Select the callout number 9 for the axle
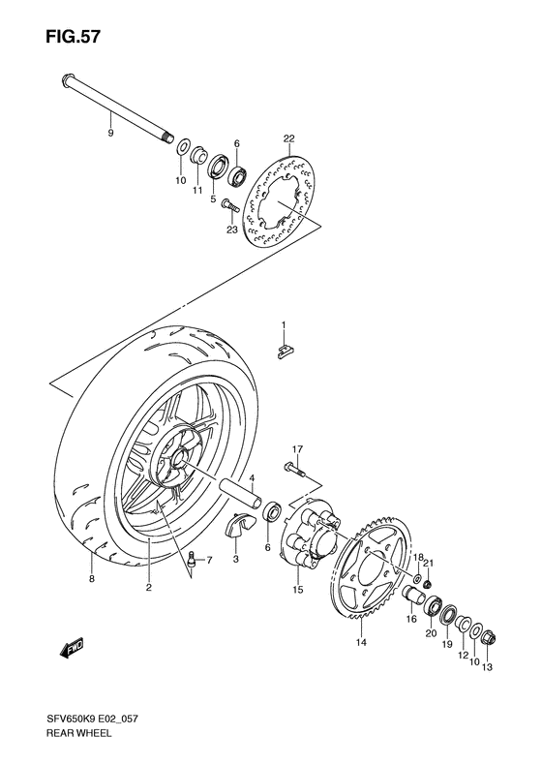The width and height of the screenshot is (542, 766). (109, 132)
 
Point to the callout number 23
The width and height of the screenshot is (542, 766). (231, 230)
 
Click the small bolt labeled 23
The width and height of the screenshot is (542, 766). (228, 205)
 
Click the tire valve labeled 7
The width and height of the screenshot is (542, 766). (192, 560)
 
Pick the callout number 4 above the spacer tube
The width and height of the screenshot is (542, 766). (251, 478)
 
